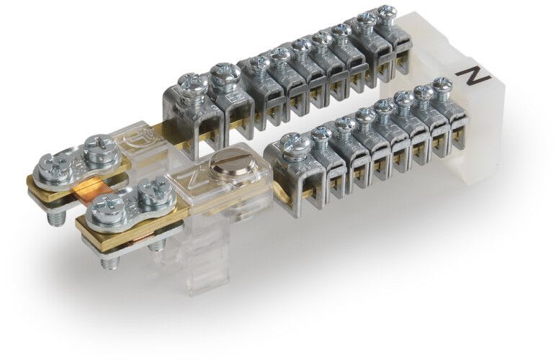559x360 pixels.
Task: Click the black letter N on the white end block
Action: (x=474, y=76)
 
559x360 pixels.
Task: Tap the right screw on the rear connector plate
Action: (x=99, y=148)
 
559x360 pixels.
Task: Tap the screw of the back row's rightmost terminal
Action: (x=388, y=14)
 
